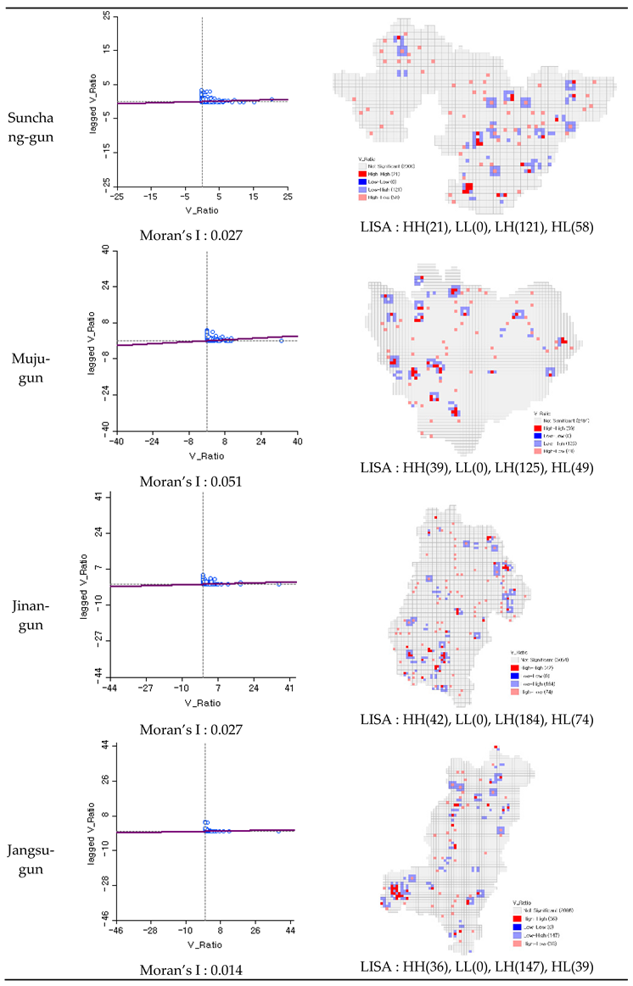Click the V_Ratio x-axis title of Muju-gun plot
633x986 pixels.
coord(206,454)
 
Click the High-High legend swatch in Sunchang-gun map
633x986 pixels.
coord(360,173)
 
